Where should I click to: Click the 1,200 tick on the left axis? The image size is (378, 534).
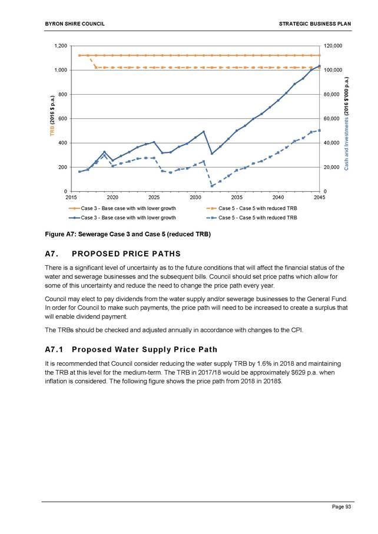click(x=61, y=46)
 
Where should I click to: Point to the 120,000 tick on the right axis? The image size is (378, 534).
click(x=333, y=46)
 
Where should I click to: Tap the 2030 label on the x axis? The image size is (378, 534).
click(x=195, y=197)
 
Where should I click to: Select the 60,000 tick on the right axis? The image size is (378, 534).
click(x=331, y=119)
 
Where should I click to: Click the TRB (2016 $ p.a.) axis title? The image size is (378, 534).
click(x=52, y=116)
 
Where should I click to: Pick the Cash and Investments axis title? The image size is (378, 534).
click(x=346, y=124)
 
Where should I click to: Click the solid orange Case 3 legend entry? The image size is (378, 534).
click(x=122, y=208)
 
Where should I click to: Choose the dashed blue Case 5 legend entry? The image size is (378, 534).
click(x=252, y=218)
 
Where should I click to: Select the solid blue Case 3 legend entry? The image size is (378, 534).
click(x=122, y=218)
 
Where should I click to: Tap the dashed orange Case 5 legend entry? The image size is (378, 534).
click(x=252, y=208)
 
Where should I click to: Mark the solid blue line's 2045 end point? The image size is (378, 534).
click(x=319, y=66)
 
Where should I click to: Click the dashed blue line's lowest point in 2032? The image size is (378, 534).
click(x=212, y=186)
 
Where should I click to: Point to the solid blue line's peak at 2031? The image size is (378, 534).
click(x=204, y=132)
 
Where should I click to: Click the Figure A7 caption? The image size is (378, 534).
click(x=128, y=234)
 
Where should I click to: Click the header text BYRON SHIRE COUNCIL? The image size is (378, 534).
click(x=75, y=24)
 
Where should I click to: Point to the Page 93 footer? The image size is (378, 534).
click(x=341, y=507)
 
